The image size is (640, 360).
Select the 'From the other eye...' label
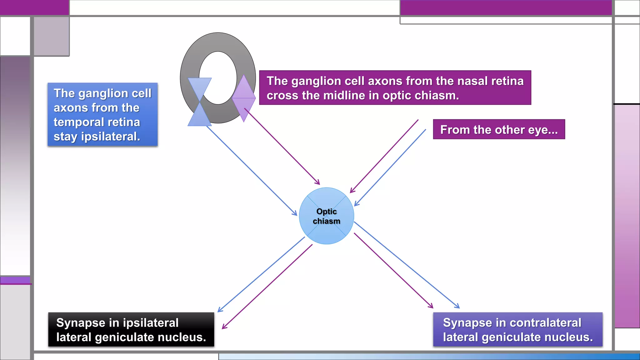[x=499, y=129]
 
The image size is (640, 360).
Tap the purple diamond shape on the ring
[x=244, y=98]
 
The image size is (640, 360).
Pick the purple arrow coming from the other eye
[x=384, y=156]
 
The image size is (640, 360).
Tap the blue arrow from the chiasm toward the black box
[x=261, y=274]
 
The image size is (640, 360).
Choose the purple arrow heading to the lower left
[x=267, y=287]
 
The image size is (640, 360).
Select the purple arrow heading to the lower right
[x=393, y=270]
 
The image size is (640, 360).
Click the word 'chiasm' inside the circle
[x=326, y=221]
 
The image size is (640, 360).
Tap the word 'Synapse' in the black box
[x=81, y=323]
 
